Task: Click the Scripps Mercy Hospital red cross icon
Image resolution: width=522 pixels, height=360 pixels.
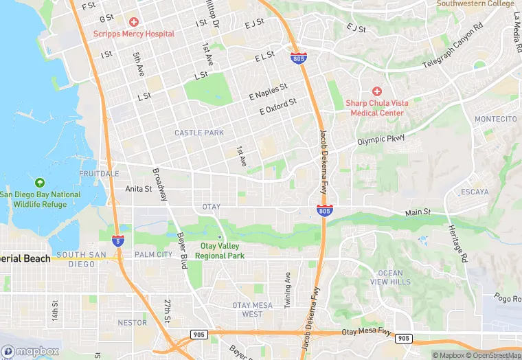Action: click(x=134, y=22)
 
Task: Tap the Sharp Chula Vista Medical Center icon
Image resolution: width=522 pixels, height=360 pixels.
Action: click(x=376, y=91)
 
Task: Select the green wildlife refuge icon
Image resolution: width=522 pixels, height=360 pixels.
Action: click(x=39, y=183)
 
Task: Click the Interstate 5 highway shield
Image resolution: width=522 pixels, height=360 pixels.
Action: click(x=118, y=240)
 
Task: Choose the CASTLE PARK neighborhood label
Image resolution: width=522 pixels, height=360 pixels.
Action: click(x=199, y=133)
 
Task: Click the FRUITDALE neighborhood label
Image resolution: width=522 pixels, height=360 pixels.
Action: click(x=99, y=174)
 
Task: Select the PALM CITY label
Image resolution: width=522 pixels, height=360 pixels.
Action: click(x=154, y=254)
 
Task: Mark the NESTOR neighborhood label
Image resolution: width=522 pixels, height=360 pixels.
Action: click(x=132, y=322)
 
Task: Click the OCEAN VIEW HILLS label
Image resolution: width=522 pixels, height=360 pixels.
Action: click(x=391, y=278)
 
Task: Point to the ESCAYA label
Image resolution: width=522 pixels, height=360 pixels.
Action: click(x=475, y=191)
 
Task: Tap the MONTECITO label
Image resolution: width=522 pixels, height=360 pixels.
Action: click(x=495, y=119)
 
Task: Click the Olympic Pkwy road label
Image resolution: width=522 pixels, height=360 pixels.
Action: click(x=381, y=140)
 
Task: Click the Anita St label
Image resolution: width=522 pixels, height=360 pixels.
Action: click(x=138, y=188)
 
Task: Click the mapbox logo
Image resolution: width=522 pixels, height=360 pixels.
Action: click(x=30, y=351)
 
